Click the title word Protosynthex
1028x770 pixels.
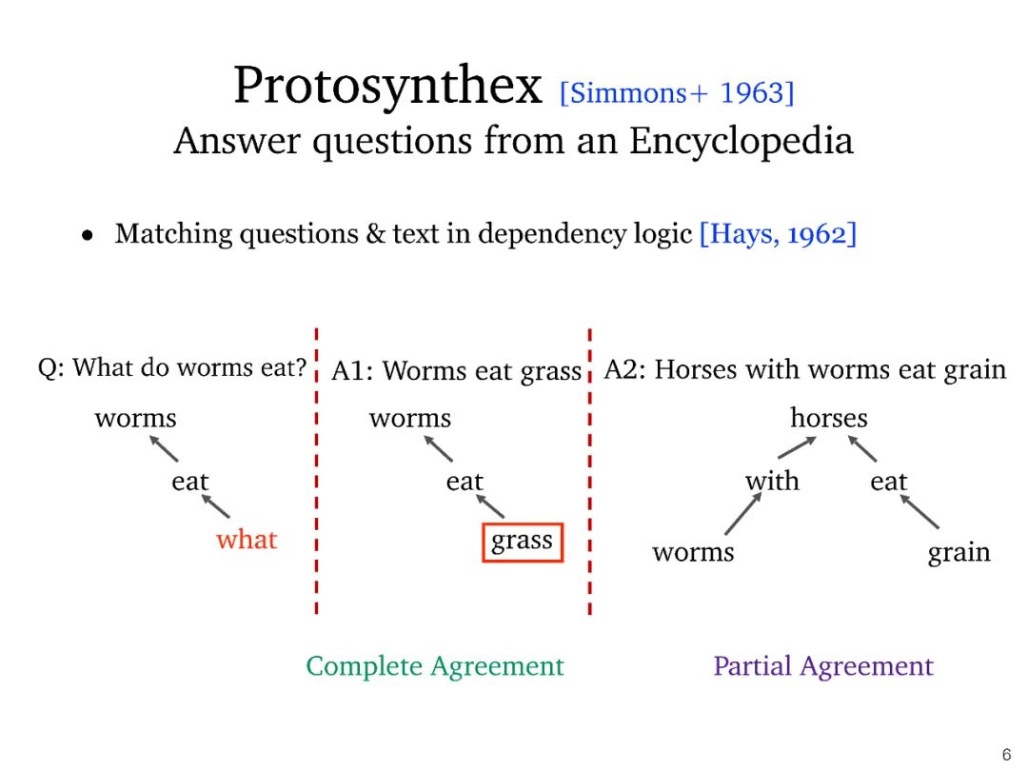pos(387,87)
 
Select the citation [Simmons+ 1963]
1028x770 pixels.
pos(677,93)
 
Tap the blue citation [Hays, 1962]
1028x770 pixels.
pos(778,233)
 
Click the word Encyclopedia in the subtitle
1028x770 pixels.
pos(741,141)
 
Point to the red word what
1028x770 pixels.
pos(247,540)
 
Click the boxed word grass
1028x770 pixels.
pos(523,542)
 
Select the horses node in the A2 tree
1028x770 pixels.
pos(829,418)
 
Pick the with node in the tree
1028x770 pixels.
pos(772,482)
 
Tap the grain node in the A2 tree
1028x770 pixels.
pos(959,553)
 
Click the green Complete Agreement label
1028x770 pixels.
pos(435,666)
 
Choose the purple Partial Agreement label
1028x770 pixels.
pos(823,666)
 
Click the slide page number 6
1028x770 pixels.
pos(1006,755)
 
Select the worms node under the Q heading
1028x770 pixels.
pos(135,418)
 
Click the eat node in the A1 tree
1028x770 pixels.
pos(465,482)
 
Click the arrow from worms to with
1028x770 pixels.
pos(743,514)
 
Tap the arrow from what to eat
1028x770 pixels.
pos(216,505)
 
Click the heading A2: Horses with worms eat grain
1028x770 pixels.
pos(805,369)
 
